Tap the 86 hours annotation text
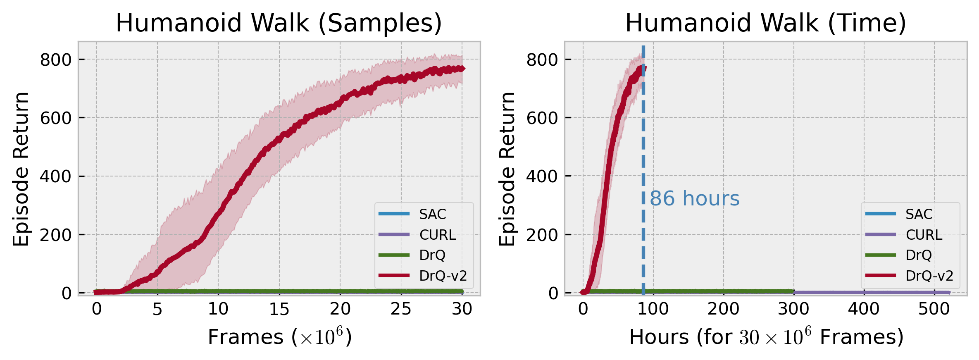point(694,199)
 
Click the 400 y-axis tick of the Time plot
point(542,176)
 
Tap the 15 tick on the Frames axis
point(279,309)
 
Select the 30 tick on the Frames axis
point(462,309)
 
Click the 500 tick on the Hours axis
point(934,309)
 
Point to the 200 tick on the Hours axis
point(723,309)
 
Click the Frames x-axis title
point(280,337)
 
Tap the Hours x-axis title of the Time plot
point(766,337)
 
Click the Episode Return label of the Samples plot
point(21,169)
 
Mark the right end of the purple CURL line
point(949,293)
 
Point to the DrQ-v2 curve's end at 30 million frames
point(462,69)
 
